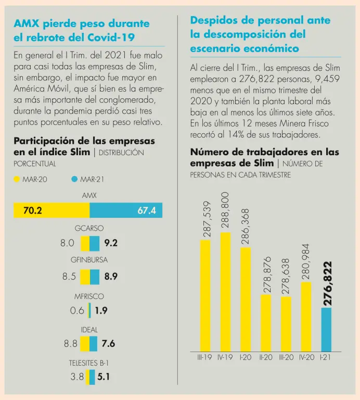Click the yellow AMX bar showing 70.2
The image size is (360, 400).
(52, 210)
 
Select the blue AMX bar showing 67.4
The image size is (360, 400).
(126, 210)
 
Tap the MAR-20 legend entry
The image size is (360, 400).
(31, 179)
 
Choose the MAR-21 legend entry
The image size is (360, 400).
(88, 179)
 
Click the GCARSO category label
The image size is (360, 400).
(89, 228)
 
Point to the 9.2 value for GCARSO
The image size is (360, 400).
(111, 243)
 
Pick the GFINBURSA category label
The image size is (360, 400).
(89, 259)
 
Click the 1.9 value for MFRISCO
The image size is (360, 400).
(101, 311)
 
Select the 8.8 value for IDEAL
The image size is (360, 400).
(70, 344)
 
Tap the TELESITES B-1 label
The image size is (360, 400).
(89, 362)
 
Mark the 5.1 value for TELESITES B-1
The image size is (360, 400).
(103, 377)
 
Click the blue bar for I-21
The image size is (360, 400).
(326, 329)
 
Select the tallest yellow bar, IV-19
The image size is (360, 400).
(225, 292)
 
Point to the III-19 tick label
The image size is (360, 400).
(204, 358)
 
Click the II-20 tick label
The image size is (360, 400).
(265, 358)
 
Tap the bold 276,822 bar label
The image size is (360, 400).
(327, 283)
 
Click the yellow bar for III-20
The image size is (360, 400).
(286, 324)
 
